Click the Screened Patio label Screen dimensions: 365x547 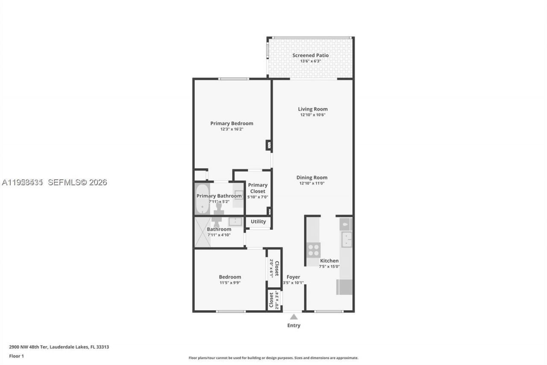310,55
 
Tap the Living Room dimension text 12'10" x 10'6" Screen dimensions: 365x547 312,115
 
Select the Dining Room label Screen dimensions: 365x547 312,178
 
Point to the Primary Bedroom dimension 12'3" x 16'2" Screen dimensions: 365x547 232,129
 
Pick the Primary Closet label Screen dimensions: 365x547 258,188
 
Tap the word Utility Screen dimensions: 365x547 258,222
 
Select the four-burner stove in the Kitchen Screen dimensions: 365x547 313,249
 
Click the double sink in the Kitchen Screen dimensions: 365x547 346,240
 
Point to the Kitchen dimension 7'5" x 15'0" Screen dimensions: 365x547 329,267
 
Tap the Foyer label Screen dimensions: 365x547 293,277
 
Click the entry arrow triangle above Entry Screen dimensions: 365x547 294,317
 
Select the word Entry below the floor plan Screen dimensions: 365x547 294,326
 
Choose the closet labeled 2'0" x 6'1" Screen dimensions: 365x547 274,268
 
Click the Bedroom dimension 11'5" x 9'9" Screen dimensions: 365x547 230,282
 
